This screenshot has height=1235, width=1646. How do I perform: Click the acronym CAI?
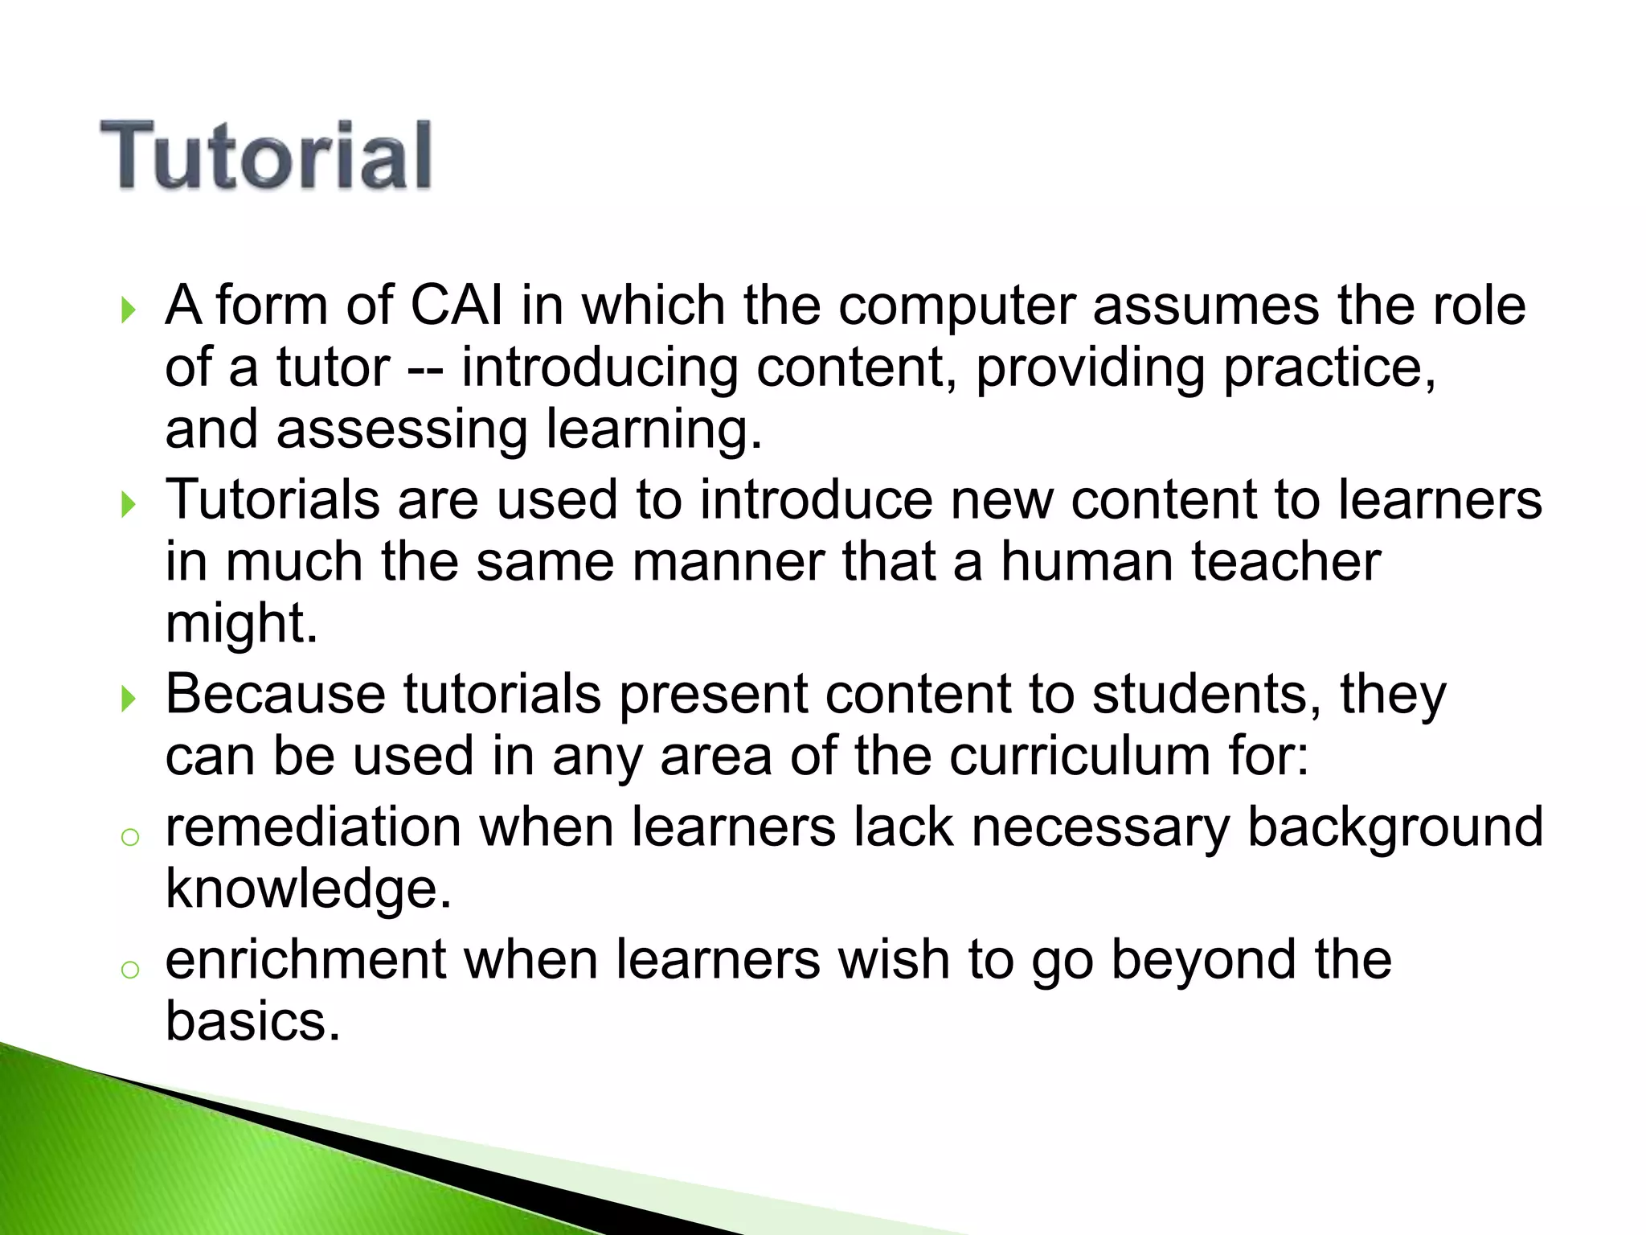click(457, 306)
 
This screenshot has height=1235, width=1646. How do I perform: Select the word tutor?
click(333, 368)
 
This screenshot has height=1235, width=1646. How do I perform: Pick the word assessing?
click(402, 431)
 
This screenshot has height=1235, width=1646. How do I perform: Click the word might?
click(241, 624)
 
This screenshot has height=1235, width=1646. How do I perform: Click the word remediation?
click(313, 827)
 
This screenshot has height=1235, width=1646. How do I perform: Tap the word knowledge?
click(308, 890)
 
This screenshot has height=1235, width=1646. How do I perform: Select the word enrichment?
click(305, 960)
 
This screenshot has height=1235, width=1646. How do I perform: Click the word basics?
click(253, 1022)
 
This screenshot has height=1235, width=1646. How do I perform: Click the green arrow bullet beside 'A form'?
click(128, 310)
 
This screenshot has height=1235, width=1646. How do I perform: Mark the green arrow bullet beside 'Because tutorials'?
click(128, 698)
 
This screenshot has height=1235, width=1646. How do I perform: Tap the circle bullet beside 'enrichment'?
click(129, 970)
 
